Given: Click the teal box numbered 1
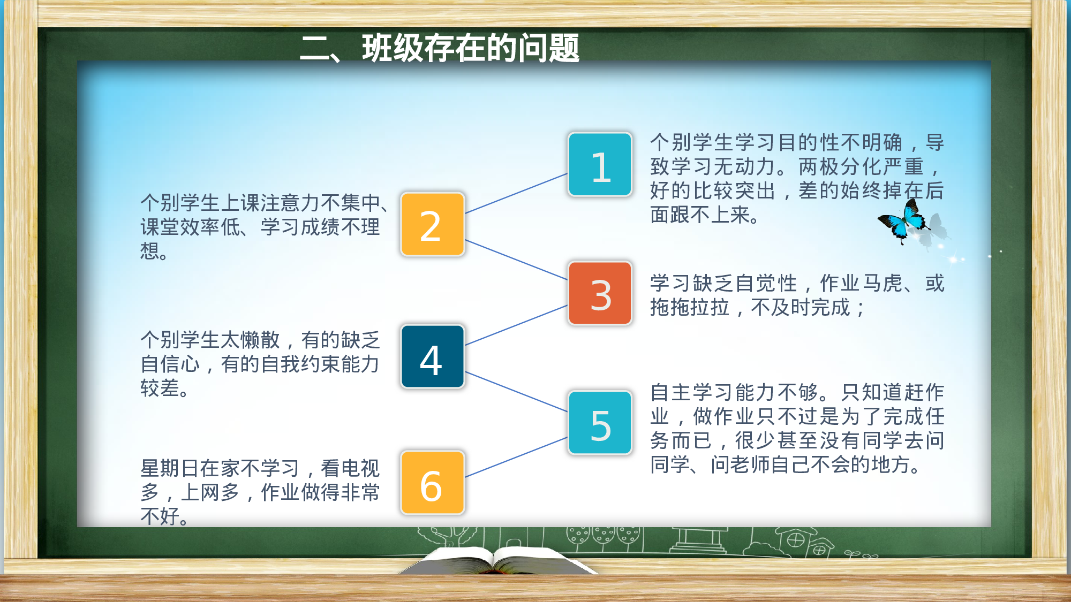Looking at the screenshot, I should [600, 164].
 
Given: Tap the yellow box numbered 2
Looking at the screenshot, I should [432, 224].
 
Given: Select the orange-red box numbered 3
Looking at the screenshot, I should [600, 293].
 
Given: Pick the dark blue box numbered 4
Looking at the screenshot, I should [432, 356].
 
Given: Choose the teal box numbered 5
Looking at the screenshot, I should [600, 423].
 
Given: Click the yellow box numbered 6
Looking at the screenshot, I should [432, 483].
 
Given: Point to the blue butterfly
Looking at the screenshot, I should [904, 222].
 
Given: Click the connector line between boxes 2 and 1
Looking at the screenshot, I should [516, 194].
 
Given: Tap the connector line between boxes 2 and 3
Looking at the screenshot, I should [516, 260].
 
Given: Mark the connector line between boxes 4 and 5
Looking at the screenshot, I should [516, 391].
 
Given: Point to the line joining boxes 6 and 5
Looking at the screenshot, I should [516, 458].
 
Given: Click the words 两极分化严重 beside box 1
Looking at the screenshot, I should [862, 167].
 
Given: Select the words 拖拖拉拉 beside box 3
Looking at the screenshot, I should [690, 308].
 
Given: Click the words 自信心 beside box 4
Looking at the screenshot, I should [170, 364].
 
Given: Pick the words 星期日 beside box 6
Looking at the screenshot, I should [170, 469].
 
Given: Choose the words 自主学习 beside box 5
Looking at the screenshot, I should [692, 393].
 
